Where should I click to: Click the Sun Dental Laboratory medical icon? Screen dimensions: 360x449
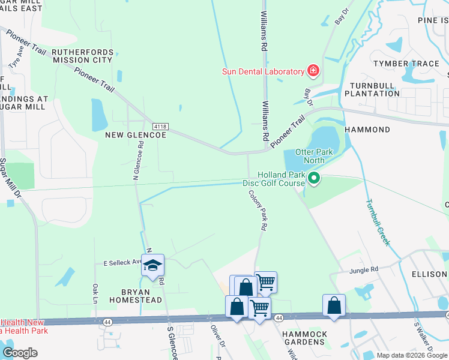[313, 72]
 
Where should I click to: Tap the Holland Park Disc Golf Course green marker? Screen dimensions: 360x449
[313, 178]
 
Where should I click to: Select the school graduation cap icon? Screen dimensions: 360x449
[152, 265]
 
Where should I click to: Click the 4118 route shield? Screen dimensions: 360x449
[160, 127]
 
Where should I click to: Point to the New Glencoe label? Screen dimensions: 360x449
[135, 136]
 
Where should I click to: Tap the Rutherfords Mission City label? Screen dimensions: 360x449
[82, 56]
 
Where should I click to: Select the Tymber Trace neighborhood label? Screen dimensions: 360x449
[406, 64]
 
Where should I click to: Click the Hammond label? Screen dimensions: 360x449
[367, 130]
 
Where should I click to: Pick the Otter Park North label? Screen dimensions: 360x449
[310, 157]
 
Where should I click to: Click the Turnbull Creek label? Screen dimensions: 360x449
[379, 223]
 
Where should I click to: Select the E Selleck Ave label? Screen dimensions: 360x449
[122, 263]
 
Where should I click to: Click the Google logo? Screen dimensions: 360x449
[20, 353]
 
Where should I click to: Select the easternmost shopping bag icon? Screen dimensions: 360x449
[334, 305]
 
